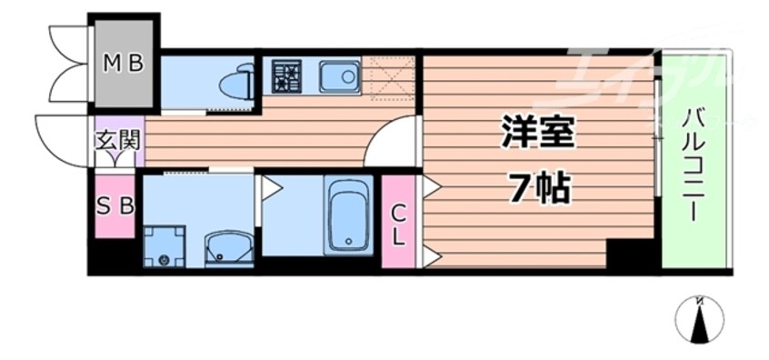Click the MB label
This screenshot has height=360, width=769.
pos(123,64)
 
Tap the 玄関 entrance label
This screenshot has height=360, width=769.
pos(116,141)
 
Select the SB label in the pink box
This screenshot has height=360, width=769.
pos(115,206)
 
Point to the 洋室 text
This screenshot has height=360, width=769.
pos(536,134)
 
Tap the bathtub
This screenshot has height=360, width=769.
pos(348,216)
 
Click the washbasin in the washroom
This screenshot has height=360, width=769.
pos(225,249)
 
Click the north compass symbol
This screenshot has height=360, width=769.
pos(699,320)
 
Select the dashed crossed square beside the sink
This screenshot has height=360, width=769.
pos(388,76)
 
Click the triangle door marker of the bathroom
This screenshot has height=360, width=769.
pos(270,187)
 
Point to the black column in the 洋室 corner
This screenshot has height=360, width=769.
pos(627,254)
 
